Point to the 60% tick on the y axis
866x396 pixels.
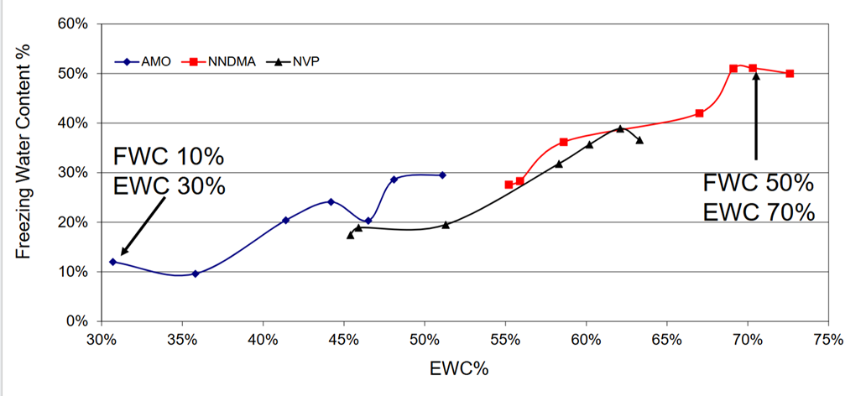pyautogui.click(x=75, y=23)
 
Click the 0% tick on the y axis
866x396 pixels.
pyautogui.click(x=78, y=321)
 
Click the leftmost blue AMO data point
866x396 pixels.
pyautogui.click(x=112, y=262)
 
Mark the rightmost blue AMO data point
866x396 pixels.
pyautogui.click(x=442, y=175)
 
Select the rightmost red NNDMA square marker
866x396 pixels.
pyautogui.click(x=790, y=74)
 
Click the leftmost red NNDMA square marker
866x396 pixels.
pyautogui.click(x=509, y=185)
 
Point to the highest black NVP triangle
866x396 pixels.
pyautogui.click(x=620, y=128)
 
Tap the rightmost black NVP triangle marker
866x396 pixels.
pyautogui.click(x=639, y=140)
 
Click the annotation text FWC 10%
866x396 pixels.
pyautogui.click(x=169, y=157)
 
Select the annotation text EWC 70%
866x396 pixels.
pyautogui.click(x=759, y=211)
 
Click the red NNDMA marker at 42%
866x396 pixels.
pyautogui.click(x=699, y=113)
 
